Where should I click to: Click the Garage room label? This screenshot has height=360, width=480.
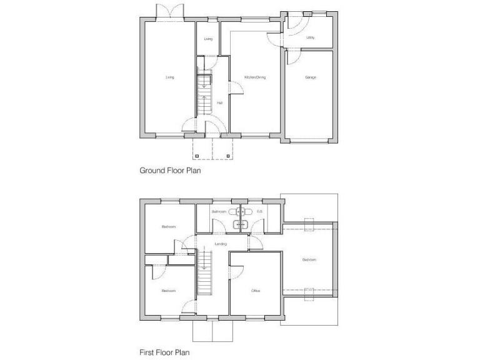pyautogui.click(x=310, y=77)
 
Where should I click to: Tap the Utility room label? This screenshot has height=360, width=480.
pyautogui.click(x=310, y=38)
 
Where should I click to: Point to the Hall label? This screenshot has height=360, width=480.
pyautogui.click(x=219, y=102)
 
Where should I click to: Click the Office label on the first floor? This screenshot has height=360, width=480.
pyautogui.click(x=255, y=291)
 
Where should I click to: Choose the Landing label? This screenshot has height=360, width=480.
pyautogui.click(x=220, y=244)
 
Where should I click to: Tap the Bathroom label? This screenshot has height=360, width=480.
pyautogui.click(x=218, y=212)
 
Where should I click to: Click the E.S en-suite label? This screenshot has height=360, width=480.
pyautogui.click(x=259, y=212)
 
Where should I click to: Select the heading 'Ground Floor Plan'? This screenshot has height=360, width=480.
pyautogui.click(x=169, y=169)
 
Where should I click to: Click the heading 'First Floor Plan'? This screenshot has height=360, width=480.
pyautogui.click(x=165, y=352)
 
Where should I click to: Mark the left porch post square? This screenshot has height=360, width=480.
pyautogui.click(x=196, y=155)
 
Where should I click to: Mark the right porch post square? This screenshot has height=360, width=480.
pyautogui.click(x=230, y=155)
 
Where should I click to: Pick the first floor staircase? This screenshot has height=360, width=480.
pyautogui.click(x=204, y=273)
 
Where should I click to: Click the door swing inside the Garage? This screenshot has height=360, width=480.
pyautogui.click(x=293, y=59)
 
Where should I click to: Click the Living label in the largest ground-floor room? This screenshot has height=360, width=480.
pyautogui.click(x=169, y=77)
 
